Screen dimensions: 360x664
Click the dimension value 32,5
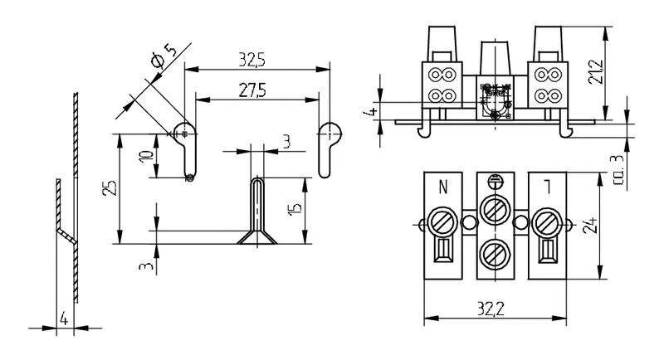click(x=251, y=59)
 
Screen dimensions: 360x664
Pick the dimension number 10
click(x=147, y=157)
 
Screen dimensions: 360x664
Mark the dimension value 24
click(x=589, y=225)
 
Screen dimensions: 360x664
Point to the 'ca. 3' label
click(x=615, y=172)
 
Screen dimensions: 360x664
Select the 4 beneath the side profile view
click(x=63, y=318)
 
